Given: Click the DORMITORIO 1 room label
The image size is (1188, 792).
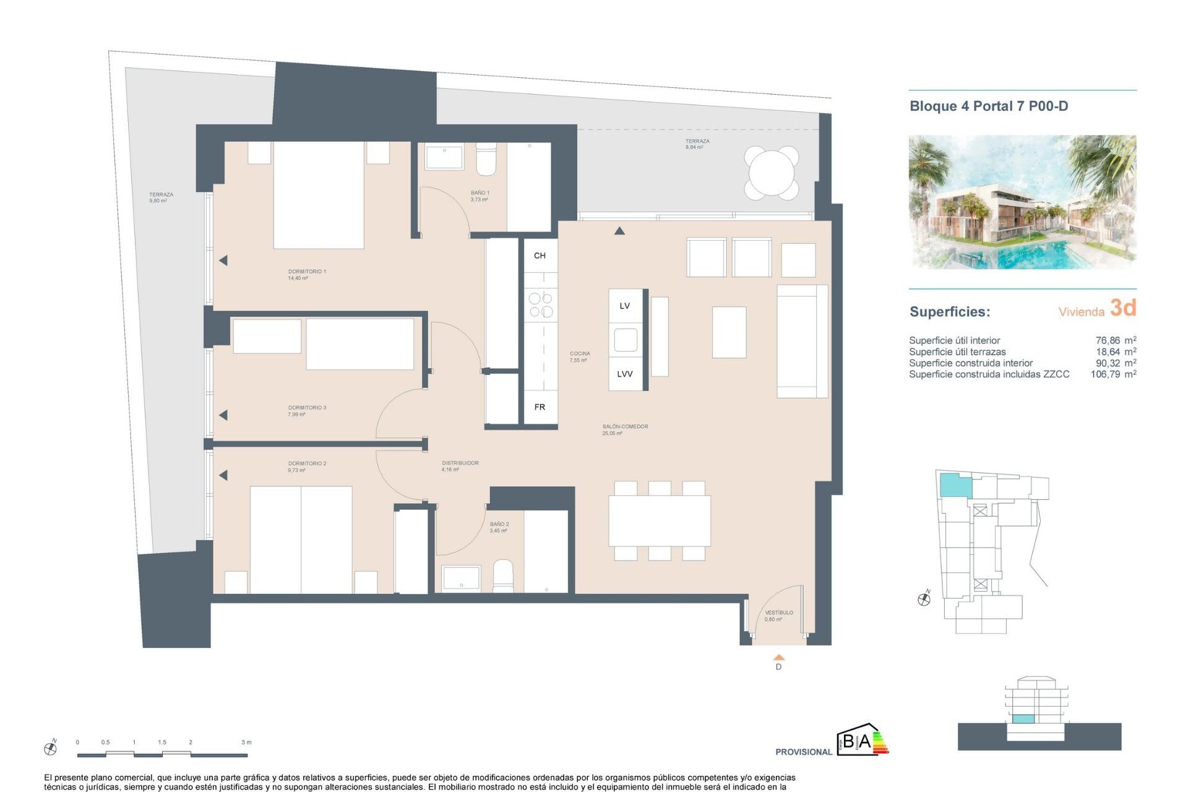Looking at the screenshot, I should tap(306, 272).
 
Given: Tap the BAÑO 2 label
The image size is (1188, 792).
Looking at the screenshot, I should tap(499, 524).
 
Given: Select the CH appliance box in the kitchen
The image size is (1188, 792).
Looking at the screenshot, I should tap(540, 256).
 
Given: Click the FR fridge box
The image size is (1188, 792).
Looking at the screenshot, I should tap(540, 407).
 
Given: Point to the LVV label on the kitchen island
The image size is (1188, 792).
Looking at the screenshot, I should tap(624, 374).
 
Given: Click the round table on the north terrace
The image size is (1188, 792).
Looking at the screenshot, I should tap(771, 173).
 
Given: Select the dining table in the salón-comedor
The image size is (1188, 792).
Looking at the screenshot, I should tap(659, 520).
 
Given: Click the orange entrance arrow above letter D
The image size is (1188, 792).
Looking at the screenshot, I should tap(779, 657).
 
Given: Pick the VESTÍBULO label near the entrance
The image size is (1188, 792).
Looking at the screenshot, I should tap(778, 613).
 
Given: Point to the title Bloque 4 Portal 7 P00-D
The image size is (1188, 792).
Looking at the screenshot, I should tap(988, 106).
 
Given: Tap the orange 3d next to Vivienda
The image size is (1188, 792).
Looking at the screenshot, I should tap(1122, 308).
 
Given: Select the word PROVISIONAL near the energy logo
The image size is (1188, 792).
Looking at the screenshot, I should tap(803, 752).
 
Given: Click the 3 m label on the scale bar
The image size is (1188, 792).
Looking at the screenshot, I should tap(246, 742).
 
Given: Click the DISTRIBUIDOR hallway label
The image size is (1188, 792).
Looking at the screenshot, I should tap(460, 463).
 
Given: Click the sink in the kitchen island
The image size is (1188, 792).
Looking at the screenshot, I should tap(625, 340).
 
